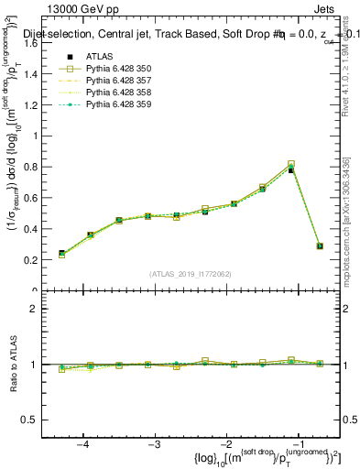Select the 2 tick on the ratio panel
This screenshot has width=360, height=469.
(x=40, y=309)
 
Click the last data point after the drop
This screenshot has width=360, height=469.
(x=320, y=245)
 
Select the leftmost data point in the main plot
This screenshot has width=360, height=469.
(x=61, y=254)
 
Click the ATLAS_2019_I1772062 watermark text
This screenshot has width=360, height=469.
(x=191, y=274)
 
